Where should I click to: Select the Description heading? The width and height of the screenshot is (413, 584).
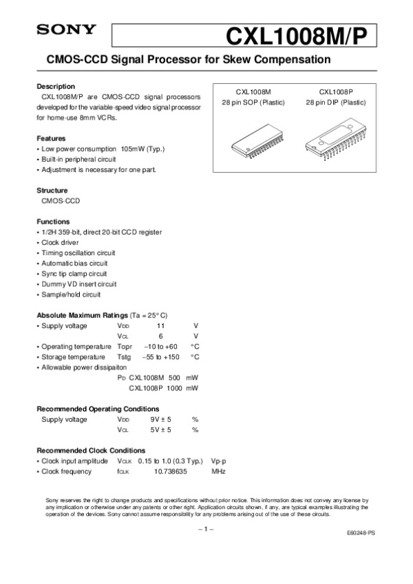pos(56,87)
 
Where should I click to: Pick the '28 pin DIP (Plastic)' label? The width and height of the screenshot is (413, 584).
pos(336,102)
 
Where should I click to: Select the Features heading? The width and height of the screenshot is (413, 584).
pos(51,138)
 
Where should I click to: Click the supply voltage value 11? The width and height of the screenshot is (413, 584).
pos(160,325)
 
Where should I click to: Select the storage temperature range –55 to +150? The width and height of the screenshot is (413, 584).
pos(160,357)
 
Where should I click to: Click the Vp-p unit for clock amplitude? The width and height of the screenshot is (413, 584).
pos(220,460)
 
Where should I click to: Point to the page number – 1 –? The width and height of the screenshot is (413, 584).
pos(206,529)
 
